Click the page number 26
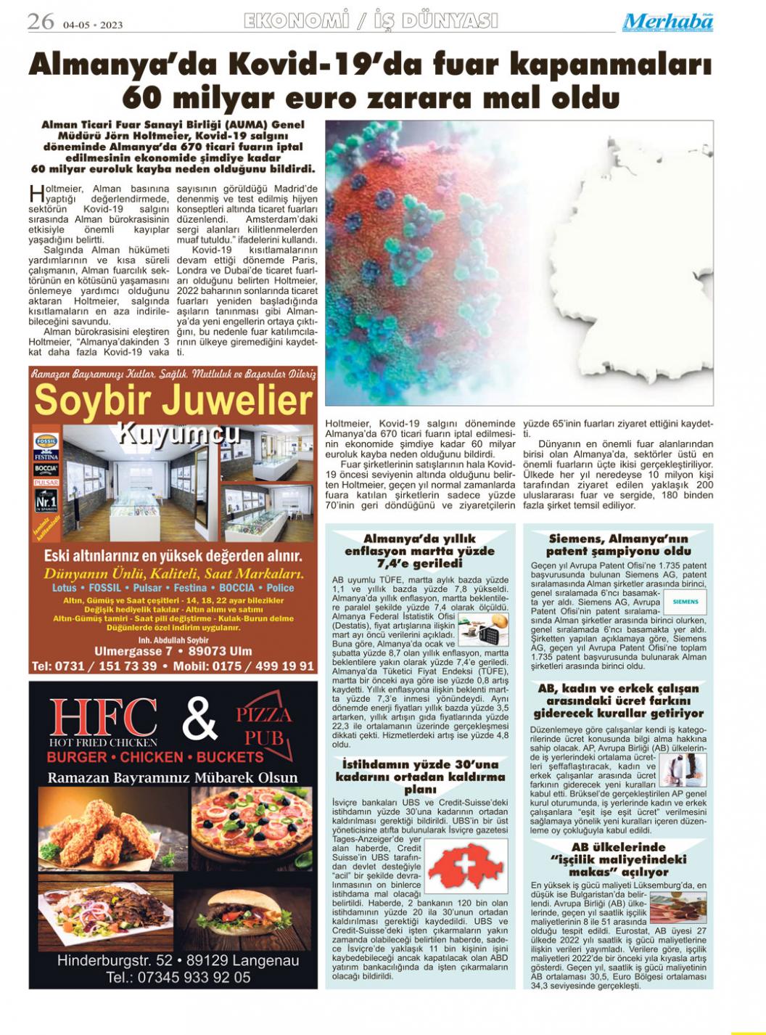pyautogui.click(x=41, y=22)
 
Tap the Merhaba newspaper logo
pyautogui.click(x=667, y=22)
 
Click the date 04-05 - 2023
pyautogui.click(x=93, y=25)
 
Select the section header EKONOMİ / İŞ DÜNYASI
pyautogui.click(x=371, y=21)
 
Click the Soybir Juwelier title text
pyautogui.click(x=173, y=401)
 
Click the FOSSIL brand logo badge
pyautogui.click(x=46, y=441)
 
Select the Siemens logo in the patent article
pyautogui.click(x=685, y=602)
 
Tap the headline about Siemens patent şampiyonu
pyautogui.click(x=619, y=545)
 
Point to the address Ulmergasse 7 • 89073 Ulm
pyautogui.click(x=173, y=651)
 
